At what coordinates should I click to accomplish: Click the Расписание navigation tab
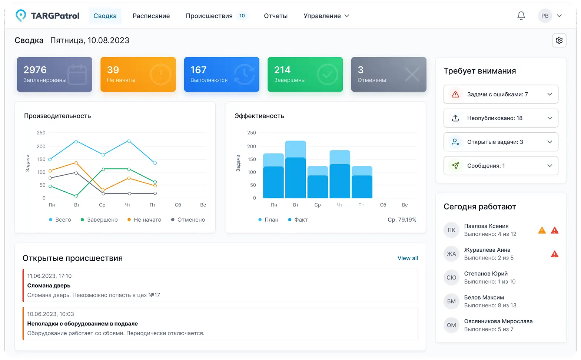(x=151, y=16)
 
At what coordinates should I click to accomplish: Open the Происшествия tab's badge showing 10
(x=242, y=16)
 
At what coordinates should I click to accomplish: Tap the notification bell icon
(x=521, y=16)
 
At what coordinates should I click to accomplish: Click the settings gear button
(x=559, y=40)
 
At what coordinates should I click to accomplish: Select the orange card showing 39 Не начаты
(x=138, y=75)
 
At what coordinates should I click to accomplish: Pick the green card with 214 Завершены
(x=305, y=75)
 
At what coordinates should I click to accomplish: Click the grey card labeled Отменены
(x=389, y=75)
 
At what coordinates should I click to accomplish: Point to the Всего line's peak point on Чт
(x=129, y=141)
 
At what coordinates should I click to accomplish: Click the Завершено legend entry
(x=99, y=220)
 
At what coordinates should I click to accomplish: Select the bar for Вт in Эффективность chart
(x=295, y=169)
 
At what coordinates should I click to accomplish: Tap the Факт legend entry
(x=298, y=220)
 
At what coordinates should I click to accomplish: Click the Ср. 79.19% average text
(x=402, y=220)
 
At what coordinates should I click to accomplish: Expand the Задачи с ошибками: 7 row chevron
(x=550, y=94)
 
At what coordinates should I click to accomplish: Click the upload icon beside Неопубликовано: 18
(x=455, y=118)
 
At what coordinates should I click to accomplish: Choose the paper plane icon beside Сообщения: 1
(x=455, y=166)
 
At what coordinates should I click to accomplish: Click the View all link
(x=408, y=258)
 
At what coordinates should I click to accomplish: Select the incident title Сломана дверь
(x=49, y=285)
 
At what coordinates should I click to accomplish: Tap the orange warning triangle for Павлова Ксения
(x=542, y=231)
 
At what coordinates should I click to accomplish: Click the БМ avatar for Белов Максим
(x=451, y=301)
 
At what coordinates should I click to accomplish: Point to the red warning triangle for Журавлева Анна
(x=555, y=254)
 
